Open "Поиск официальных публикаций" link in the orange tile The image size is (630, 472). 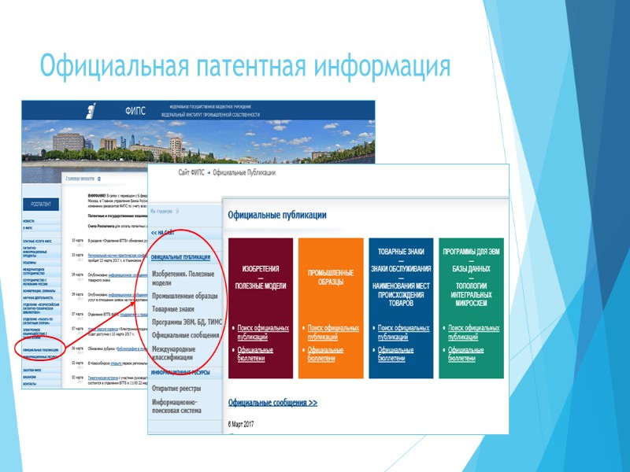(x=333, y=331)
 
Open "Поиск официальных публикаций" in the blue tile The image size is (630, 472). (x=403, y=331)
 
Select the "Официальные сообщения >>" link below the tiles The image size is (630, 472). (x=272, y=402)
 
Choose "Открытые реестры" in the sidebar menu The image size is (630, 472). (x=176, y=389)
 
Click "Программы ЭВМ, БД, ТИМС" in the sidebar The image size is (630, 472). (x=187, y=323)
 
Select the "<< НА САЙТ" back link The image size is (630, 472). (x=164, y=233)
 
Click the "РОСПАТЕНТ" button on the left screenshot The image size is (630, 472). (x=42, y=205)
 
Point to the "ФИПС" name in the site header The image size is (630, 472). (x=135, y=111)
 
